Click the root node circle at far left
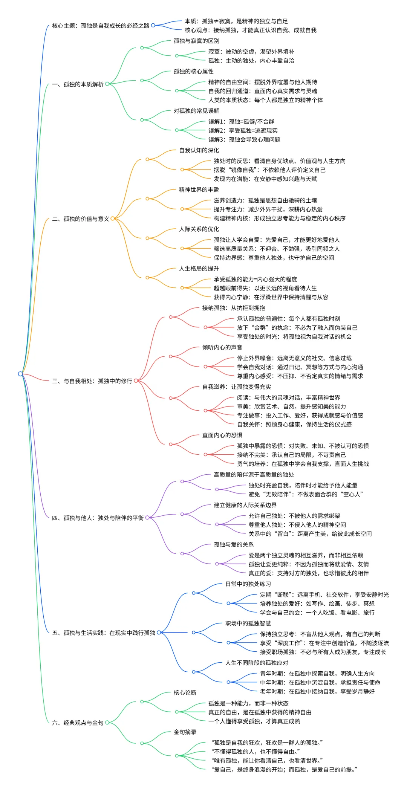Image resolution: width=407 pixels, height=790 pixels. (20, 374)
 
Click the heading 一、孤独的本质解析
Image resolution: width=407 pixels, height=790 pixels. (78, 84)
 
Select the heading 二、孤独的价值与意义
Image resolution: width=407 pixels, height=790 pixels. (81, 219)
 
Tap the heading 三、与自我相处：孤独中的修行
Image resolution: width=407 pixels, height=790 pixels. (92, 381)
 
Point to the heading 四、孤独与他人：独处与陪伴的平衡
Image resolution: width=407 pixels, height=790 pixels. (98, 518)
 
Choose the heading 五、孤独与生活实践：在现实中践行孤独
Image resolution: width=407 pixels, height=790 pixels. (104, 633)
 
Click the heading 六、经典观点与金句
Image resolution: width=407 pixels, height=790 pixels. (78, 723)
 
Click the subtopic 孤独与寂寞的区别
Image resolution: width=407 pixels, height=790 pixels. (196, 41)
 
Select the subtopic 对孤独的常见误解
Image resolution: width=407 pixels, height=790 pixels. (196, 111)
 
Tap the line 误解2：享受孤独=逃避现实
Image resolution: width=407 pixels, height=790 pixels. (243, 131)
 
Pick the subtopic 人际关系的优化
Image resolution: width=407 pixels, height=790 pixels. (199, 229)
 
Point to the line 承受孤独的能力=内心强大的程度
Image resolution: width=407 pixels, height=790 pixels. (256, 280)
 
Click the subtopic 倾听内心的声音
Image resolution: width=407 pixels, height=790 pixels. (222, 348)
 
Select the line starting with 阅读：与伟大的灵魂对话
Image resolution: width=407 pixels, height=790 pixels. (289, 398)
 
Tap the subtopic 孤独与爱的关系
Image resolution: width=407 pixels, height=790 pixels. (234, 545)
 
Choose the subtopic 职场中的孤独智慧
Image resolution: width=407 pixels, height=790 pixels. (248, 623)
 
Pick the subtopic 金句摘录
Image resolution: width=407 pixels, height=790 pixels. (185, 732)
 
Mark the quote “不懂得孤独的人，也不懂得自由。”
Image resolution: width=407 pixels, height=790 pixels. (256, 752)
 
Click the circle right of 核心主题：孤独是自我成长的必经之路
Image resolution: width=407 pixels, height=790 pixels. (153, 26)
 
